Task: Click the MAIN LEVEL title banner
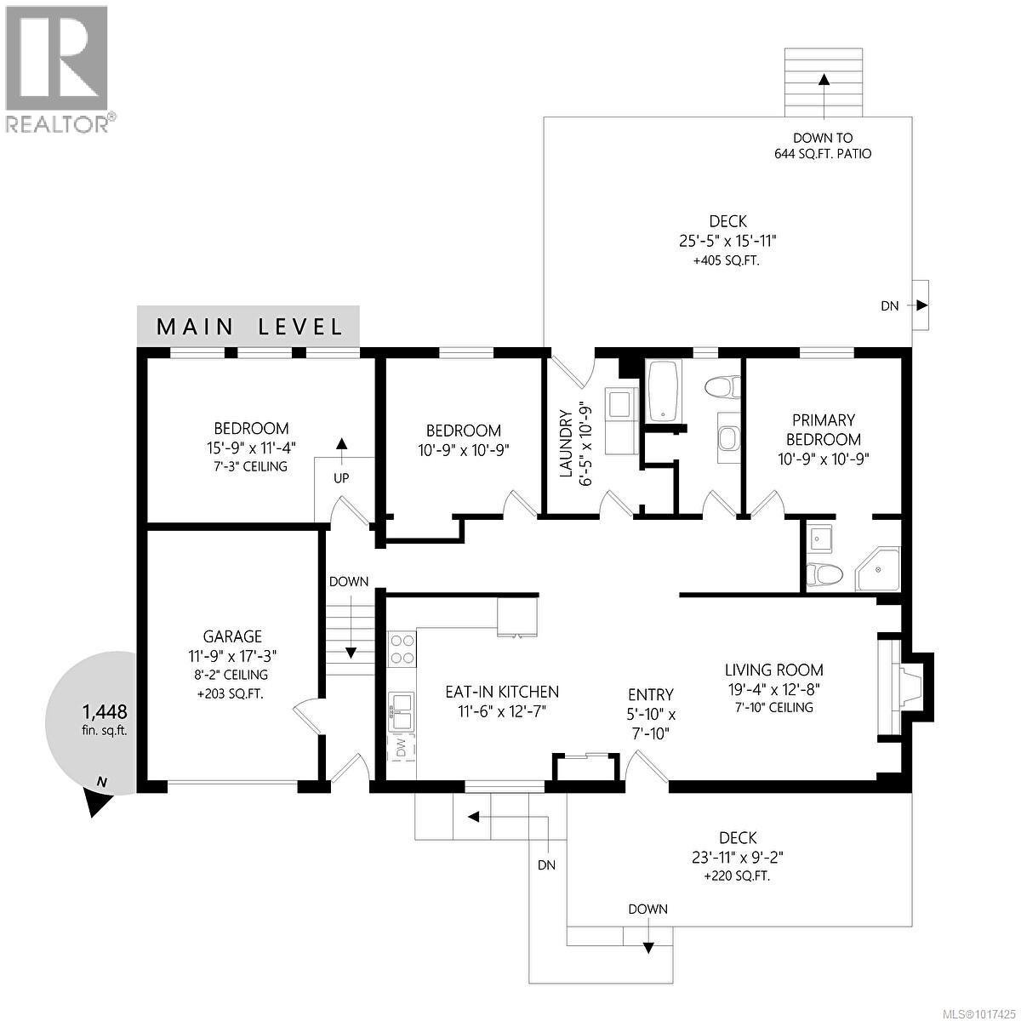click(x=248, y=326)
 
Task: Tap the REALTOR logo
click(x=57, y=68)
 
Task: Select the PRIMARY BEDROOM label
click(x=823, y=430)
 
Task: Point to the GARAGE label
click(x=232, y=636)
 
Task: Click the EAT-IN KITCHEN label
click(x=502, y=692)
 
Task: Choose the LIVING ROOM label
click(x=773, y=670)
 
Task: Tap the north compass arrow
click(x=100, y=800)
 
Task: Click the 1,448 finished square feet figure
click(x=105, y=711)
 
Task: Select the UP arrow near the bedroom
click(x=342, y=444)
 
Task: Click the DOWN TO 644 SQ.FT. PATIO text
click(x=822, y=145)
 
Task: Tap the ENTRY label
click(x=650, y=695)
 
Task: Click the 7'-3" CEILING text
click(x=251, y=466)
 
